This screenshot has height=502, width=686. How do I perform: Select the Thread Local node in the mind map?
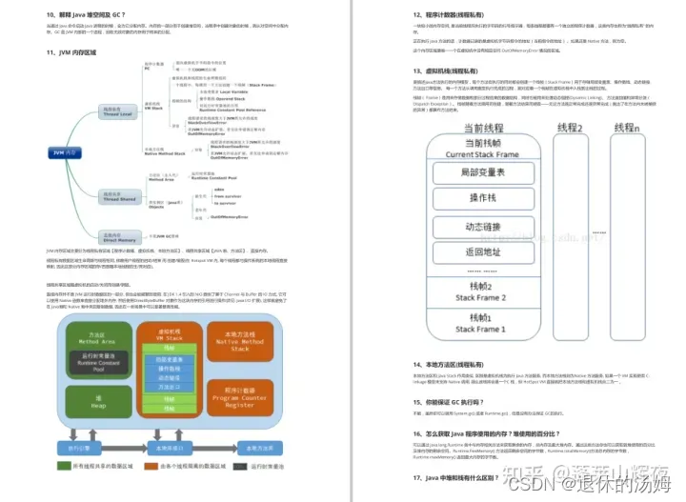pos(111,111)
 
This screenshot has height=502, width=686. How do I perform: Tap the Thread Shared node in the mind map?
pos(111,197)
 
